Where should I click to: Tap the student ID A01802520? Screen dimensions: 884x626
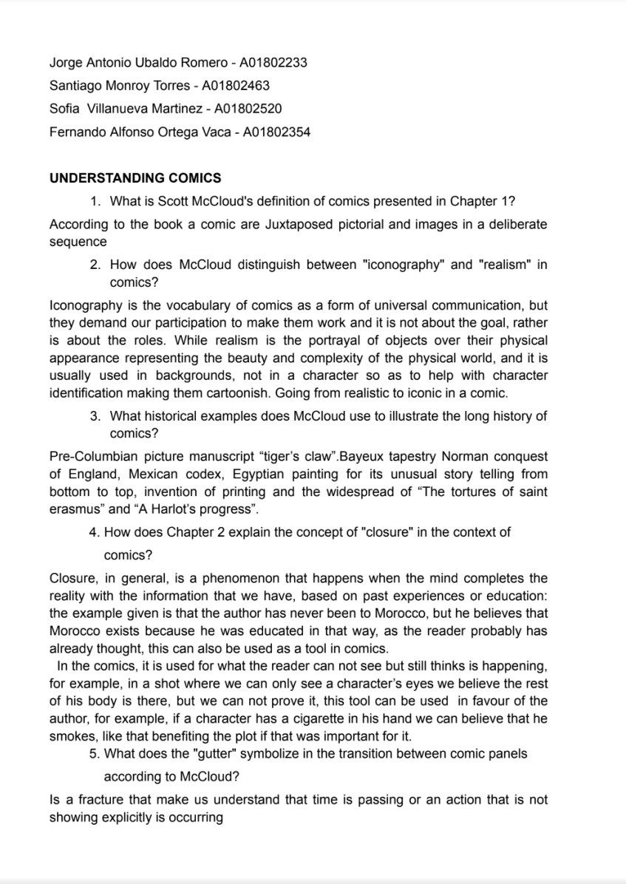248,109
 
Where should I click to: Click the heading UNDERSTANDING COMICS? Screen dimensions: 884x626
135,178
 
